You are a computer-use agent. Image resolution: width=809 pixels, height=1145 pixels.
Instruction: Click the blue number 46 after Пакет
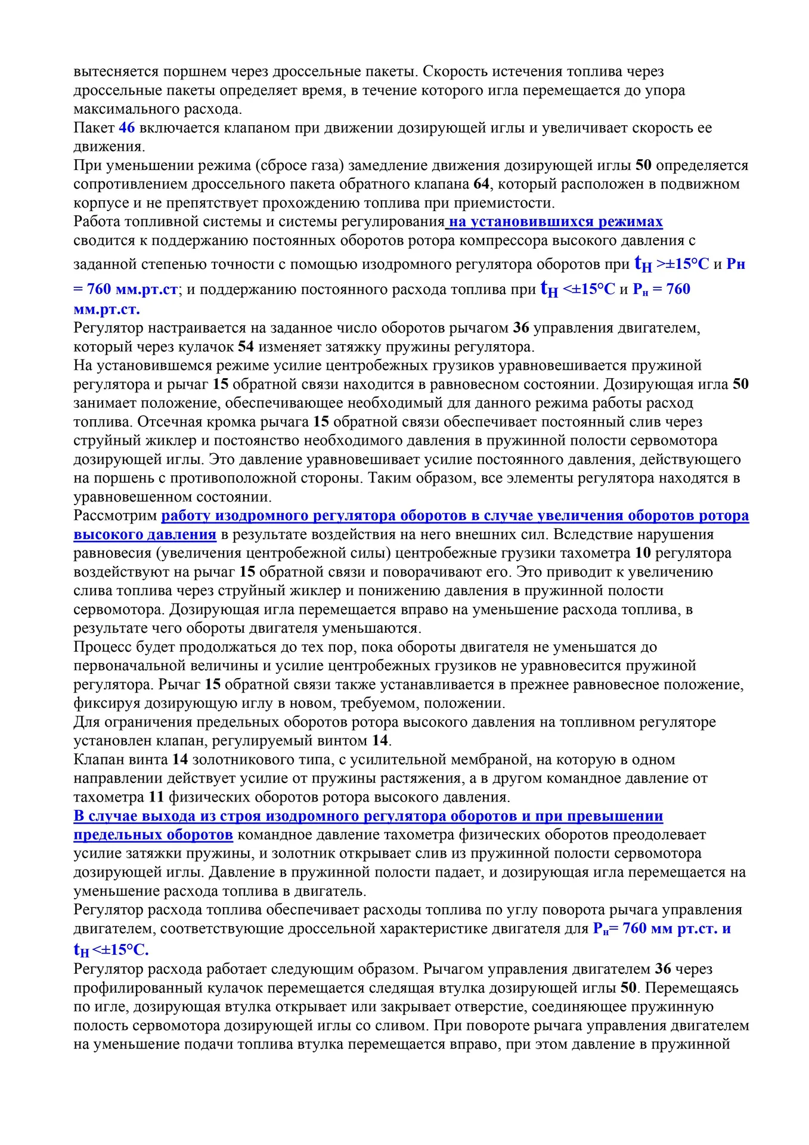click(126, 128)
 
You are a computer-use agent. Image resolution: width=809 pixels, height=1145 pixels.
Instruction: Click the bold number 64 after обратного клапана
click(481, 184)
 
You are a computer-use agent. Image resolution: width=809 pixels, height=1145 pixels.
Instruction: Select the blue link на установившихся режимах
click(555, 222)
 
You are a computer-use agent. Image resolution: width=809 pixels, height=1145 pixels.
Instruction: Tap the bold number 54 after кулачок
click(246, 346)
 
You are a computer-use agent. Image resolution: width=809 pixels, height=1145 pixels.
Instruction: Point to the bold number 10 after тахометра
click(643, 553)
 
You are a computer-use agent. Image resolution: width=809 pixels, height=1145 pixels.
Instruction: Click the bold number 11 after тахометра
click(156, 797)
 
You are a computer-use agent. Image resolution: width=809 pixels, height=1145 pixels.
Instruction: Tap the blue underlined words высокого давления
click(144, 534)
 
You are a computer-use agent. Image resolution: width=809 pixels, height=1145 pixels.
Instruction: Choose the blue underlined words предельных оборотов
click(153, 834)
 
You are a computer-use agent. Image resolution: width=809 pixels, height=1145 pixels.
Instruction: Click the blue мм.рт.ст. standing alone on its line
click(107, 310)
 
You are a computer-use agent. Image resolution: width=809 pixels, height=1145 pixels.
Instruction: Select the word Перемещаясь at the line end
click(692, 988)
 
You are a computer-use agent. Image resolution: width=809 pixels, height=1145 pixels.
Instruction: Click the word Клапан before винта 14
click(99, 760)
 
